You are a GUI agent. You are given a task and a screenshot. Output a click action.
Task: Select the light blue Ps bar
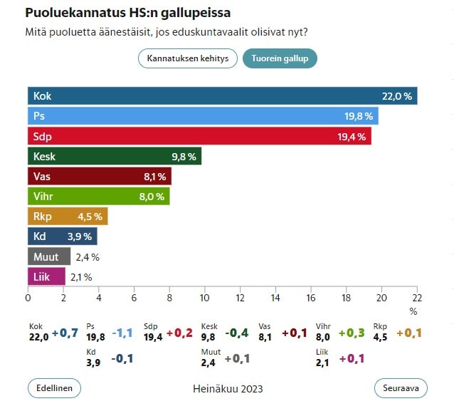203,116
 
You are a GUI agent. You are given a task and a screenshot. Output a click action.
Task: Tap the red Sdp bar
199,136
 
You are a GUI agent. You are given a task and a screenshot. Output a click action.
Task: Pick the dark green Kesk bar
115,156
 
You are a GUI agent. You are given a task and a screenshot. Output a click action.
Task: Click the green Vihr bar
99,196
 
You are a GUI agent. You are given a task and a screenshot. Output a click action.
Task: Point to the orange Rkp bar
68,216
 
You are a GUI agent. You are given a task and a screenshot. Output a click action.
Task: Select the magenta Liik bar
46,276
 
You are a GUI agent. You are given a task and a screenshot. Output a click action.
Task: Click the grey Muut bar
49,256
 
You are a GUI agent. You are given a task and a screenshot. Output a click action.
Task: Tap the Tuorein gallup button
280,58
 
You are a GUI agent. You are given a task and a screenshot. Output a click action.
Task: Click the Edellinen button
54,388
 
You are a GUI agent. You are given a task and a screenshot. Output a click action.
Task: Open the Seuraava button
401,388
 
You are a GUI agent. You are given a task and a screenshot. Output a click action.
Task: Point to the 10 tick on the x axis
205,298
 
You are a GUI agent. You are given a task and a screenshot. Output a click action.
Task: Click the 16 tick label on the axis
311,298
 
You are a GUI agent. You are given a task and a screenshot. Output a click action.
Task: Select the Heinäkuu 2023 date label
228,389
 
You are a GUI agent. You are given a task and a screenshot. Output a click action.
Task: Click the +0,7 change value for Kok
64,333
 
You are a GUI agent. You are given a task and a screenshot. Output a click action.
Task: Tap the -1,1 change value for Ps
123,333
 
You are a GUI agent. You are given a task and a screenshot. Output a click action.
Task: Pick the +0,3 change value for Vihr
351,333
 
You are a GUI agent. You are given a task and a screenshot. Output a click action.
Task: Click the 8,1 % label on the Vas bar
154,177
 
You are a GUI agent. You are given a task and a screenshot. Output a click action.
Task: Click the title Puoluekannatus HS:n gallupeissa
127,14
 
